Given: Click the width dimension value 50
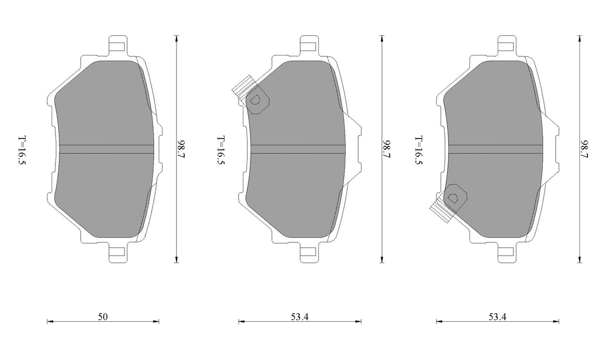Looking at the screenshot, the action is (103, 317).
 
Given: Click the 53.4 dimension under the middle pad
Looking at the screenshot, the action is (300, 317).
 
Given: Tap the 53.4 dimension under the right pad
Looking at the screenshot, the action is (498, 317).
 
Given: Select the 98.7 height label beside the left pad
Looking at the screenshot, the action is (181, 149).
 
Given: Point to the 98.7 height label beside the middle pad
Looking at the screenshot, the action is (387, 149).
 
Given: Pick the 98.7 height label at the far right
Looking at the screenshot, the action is (585, 149).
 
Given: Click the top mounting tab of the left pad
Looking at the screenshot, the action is (118, 45).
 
